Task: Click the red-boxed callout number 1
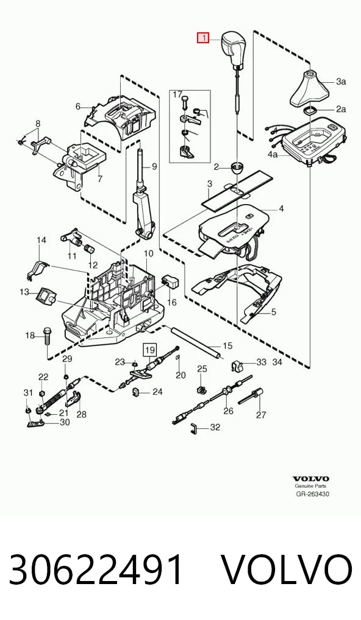pyautogui.click(x=203, y=38)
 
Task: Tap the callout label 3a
pyautogui.click(x=341, y=82)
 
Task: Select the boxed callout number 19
pyautogui.click(x=149, y=350)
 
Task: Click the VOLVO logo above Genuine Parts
pyautogui.click(x=311, y=479)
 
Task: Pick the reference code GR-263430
pyautogui.click(x=313, y=494)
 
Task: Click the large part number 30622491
pyautogui.click(x=96, y=570)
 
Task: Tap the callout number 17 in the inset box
pyautogui.click(x=177, y=95)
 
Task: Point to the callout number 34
pyautogui.click(x=277, y=362)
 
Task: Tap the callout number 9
pyautogui.click(x=154, y=167)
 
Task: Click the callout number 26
pyautogui.click(x=229, y=411)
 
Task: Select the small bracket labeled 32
pyautogui.click(x=193, y=428)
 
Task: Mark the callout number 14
pyautogui.click(x=41, y=240)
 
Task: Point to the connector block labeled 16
pyautogui.click(x=170, y=280)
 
